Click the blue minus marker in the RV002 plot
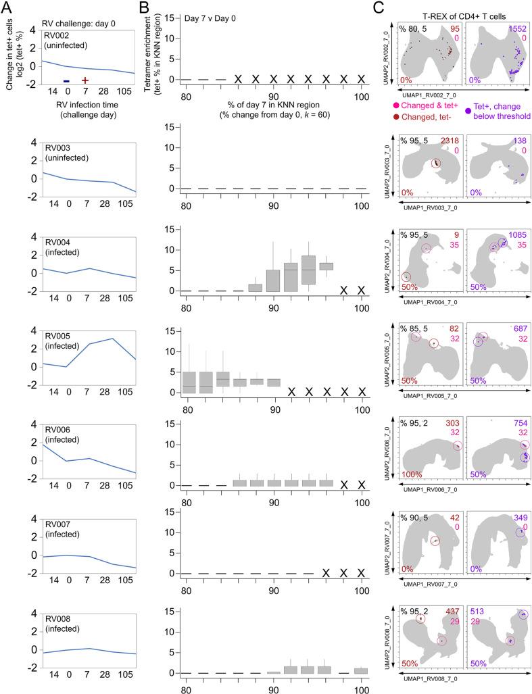pos(66,81)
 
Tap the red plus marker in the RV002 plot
pos(85,81)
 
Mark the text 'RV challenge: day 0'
pos(80,21)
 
